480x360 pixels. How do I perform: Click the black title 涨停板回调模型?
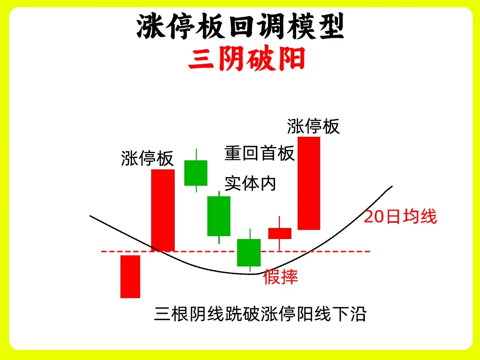tap(240, 26)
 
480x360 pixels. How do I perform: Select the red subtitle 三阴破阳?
tap(247, 59)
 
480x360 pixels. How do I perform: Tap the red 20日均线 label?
tap(400, 216)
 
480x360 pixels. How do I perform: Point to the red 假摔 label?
tap(280, 277)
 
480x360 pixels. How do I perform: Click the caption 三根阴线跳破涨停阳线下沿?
tap(260, 314)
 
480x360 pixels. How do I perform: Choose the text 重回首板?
tap(260, 153)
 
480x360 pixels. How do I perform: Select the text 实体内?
tap(251, 183)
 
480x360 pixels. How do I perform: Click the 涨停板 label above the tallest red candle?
tap(313, 126)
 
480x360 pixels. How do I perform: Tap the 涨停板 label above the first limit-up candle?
tap(147, 158)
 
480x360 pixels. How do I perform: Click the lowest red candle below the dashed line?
tap(130, 276)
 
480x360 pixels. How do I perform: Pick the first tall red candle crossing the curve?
tap(163, 210)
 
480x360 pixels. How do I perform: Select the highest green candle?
tap(196, 173)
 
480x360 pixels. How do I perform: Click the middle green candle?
tap(219, 216)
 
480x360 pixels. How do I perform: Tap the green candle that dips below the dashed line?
tap(249, 252)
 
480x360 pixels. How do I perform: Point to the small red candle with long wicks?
tap(280, 233)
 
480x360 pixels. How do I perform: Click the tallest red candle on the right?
tap(309, 183)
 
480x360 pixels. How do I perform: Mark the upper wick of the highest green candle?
tap(196, 155)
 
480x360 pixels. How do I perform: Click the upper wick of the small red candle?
tap(279, 222)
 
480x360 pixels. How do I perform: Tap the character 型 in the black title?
tap(331, 26)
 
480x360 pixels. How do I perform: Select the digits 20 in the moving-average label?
tap(374, 217)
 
